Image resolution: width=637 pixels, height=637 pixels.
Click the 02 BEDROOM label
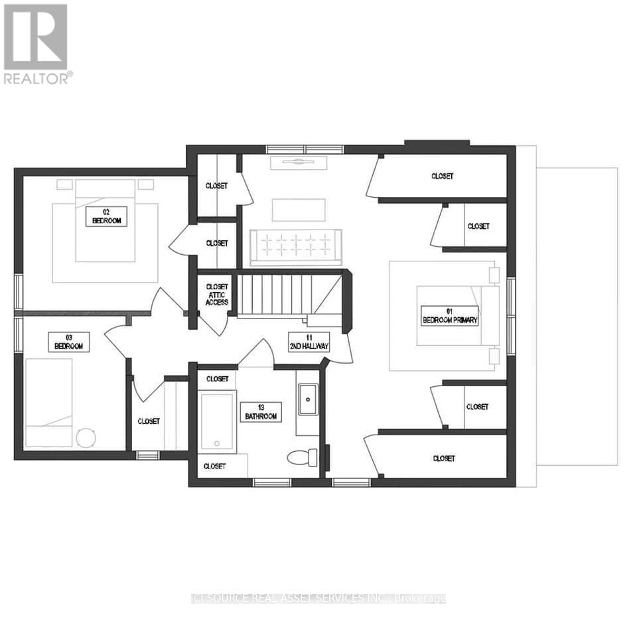(x=106, y=216)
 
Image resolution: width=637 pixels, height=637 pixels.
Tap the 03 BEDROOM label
(x=68, y=342)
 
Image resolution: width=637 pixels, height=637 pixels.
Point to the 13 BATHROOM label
(x=261, y=411)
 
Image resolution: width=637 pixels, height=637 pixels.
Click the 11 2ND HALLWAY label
(x=309, y=342)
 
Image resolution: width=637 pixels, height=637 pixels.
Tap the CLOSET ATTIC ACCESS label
(x=216, y=295)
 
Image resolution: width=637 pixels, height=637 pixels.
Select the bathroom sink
(x=307, y=399)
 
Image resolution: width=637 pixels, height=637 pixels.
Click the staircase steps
(x=275, y=295)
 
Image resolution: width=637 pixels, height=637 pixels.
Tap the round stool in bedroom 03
(x=86, y=437)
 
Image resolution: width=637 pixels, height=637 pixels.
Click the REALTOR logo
(x=36, y=44)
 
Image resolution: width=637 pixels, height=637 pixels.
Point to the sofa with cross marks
(x=295, y=243)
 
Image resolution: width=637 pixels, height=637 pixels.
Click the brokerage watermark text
(x=318, y=599)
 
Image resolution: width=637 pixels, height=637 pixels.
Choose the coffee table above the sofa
(x=299, y=210)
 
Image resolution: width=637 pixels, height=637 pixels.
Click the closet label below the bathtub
(x=214, y=466)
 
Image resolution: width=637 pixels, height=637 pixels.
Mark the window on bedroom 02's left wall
(x=18, y=292)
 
